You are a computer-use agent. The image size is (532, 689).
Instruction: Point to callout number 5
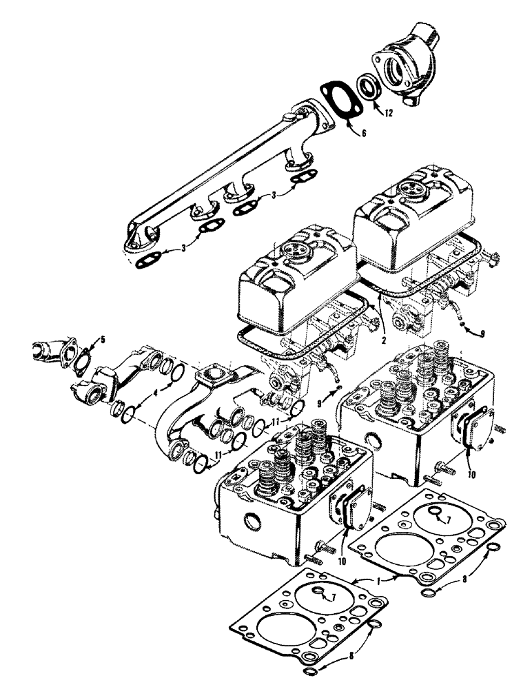click(x=103, y=339)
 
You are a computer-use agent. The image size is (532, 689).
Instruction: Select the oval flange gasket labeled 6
click(x=338, y=103)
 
